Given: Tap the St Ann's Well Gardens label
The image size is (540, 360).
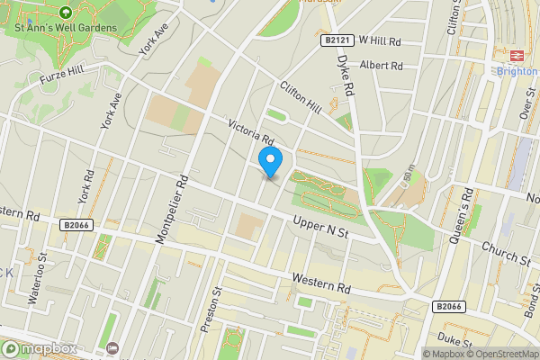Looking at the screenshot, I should pos(66,28).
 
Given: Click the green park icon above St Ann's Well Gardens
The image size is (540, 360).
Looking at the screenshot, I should pos(66,13).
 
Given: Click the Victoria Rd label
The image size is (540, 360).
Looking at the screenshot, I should pos(250,132).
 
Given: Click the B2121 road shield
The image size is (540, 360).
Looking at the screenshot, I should pos(336,41).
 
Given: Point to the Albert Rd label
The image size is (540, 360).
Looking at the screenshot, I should pos(380,66).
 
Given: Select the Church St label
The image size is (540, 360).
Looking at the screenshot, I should pos(505,254).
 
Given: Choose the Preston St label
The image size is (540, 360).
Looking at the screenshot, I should pos(213,309).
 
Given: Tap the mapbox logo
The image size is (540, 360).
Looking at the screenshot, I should pos(38,348).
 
